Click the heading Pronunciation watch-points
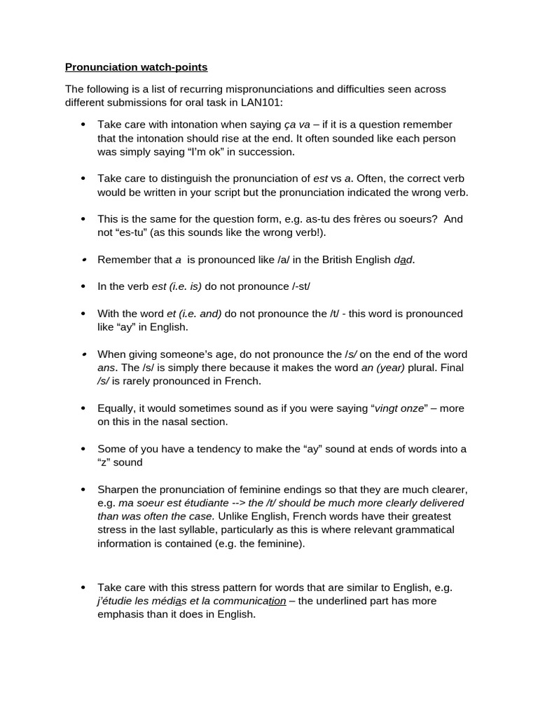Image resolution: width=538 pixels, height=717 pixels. tap(136, 68)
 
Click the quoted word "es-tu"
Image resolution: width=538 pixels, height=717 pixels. tap(137, 232)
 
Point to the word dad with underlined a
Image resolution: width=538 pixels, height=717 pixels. tap(404, 260)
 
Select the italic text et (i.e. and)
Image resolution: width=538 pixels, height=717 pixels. tap(194, 314)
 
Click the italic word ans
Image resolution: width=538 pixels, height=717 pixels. tap(107, 368)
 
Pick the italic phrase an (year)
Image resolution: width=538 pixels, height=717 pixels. tap(383, 368)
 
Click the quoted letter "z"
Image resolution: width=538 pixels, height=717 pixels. tap(105, 462)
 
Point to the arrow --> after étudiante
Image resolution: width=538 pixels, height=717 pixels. tap(238, 503)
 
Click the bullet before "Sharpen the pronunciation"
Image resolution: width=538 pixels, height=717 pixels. tap(83, 489)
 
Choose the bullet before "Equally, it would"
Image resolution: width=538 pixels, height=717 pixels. tap(83, 408)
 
